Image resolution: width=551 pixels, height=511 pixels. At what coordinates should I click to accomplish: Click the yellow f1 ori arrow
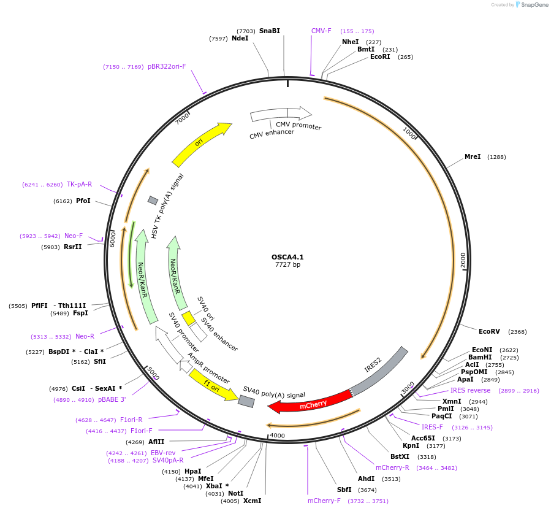212,385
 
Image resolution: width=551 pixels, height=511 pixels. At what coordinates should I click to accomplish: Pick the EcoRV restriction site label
489,331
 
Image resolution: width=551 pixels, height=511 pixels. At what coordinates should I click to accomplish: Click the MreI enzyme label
473,157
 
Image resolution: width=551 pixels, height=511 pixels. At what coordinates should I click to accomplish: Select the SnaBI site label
270,31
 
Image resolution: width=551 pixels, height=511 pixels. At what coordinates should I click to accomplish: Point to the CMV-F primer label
321,31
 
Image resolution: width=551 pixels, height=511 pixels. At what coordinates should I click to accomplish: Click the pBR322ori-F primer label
167,66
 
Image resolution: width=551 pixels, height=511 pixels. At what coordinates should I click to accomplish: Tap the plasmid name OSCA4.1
287,257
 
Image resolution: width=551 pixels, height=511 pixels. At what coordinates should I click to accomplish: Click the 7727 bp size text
287,265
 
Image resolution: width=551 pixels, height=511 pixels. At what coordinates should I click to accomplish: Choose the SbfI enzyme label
344,490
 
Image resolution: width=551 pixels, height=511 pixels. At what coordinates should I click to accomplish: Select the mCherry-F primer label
324,501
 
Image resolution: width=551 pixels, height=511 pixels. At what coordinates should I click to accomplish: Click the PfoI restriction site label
83,201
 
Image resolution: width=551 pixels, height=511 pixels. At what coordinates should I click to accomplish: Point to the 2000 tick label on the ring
463,259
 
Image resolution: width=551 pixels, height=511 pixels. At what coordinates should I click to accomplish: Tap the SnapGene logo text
534,5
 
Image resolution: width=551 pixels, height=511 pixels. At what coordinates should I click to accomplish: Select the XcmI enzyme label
252,501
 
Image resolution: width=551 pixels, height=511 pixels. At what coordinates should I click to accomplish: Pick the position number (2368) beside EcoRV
517,332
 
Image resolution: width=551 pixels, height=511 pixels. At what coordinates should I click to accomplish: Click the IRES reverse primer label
470,390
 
